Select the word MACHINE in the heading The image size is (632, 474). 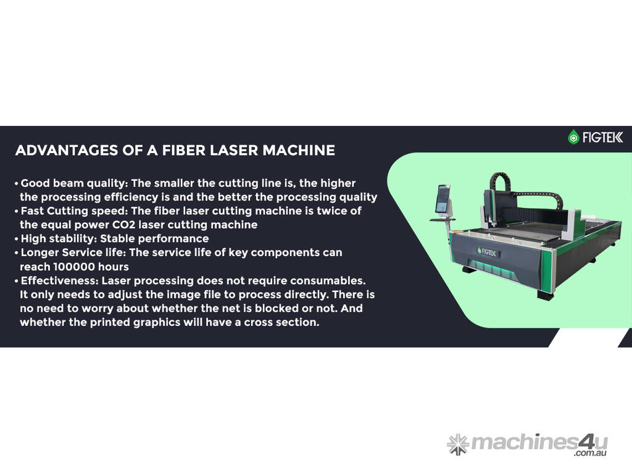click(299, 151)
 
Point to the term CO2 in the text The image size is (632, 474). click(123, 225)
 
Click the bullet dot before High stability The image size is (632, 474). click(17, 239)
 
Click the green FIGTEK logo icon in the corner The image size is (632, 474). click(573, 137)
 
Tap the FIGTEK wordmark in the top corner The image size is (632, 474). click(602, 138)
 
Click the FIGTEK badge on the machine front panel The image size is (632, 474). click(486, 252)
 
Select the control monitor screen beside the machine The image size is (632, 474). click(443, 198)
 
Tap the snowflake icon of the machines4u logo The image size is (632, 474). click(458, 444)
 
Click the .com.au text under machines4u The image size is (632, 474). click(591, 453)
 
